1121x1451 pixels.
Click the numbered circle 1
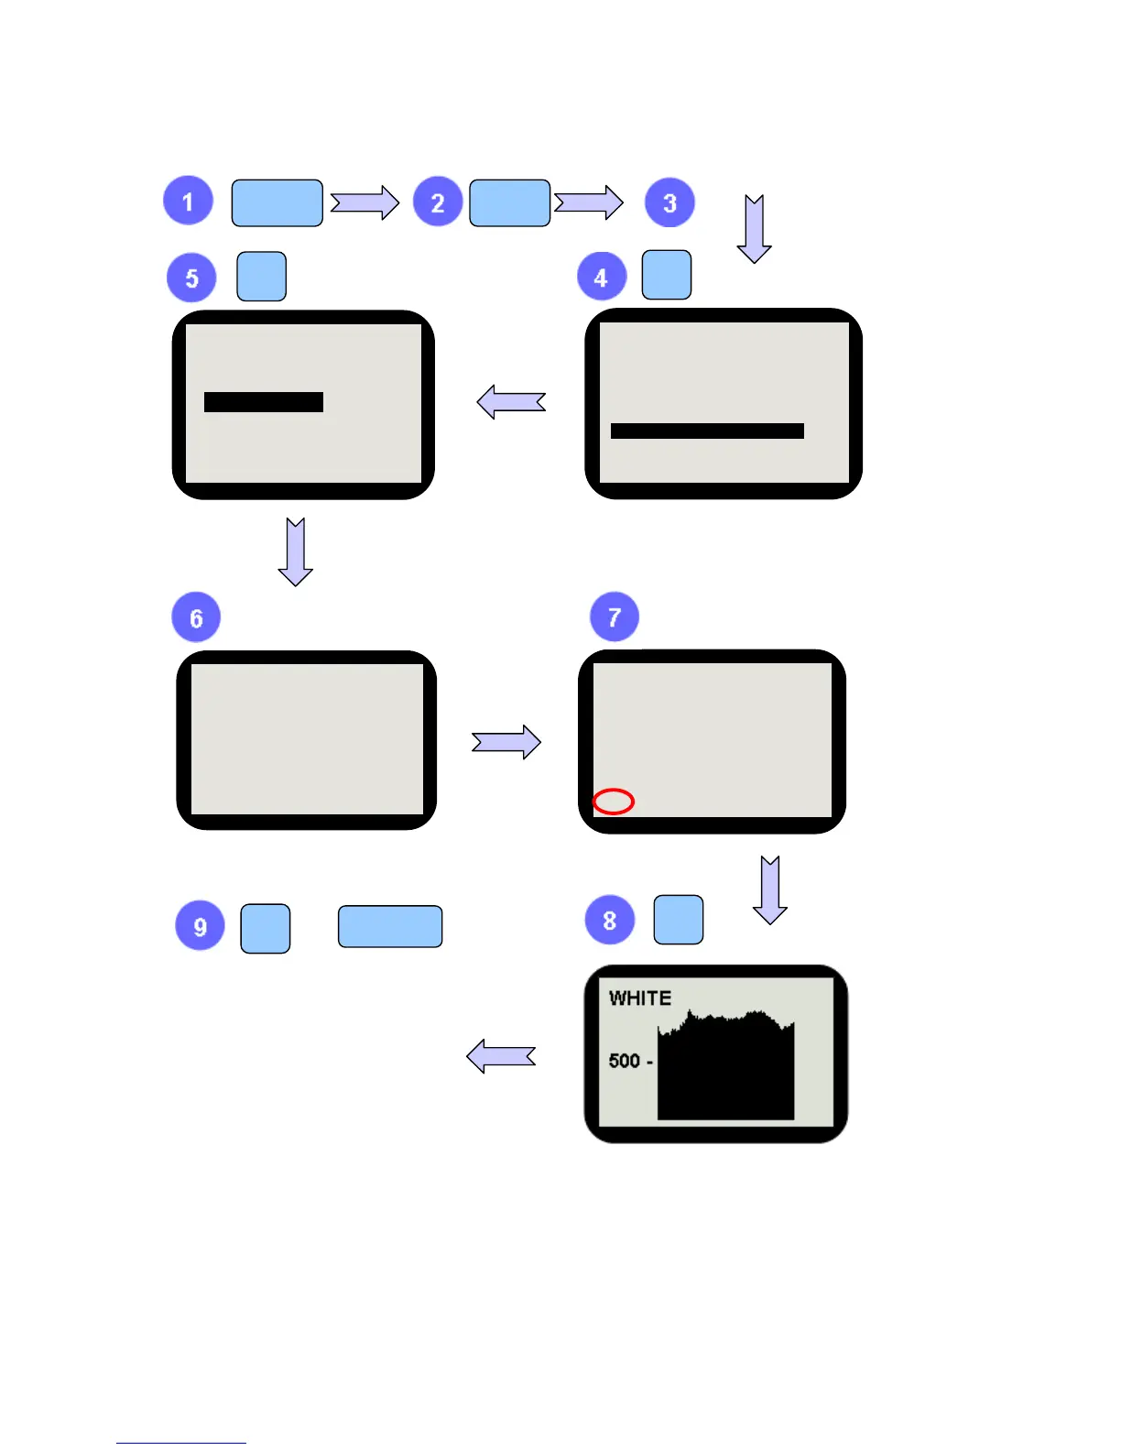click(188, 201)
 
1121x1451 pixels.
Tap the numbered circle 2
click(438, 202)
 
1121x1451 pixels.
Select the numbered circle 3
click(669, 202)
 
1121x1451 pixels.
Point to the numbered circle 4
click(601, 277)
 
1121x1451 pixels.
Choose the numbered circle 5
click(191, 278)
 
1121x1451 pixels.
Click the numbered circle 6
click(196, 617)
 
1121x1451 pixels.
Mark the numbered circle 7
click(615, 616)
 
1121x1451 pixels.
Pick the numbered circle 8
click(609, 920)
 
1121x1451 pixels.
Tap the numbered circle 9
click(200, 926)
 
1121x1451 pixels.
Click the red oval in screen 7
click(614, 802)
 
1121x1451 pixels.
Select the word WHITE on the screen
click(640, 998)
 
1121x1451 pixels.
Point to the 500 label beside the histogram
click(625, 1061)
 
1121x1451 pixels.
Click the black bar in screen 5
click(264, 402)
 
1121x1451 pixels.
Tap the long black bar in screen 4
click(707, 431)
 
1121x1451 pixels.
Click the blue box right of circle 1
click(277, 202)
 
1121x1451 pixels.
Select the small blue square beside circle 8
click(679, 920)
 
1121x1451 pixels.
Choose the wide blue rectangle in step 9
click(390, 926)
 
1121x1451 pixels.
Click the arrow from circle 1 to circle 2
click(365, 202)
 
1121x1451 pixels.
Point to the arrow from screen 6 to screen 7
click(506, 742)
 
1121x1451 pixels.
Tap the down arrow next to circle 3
click(754, 229)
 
